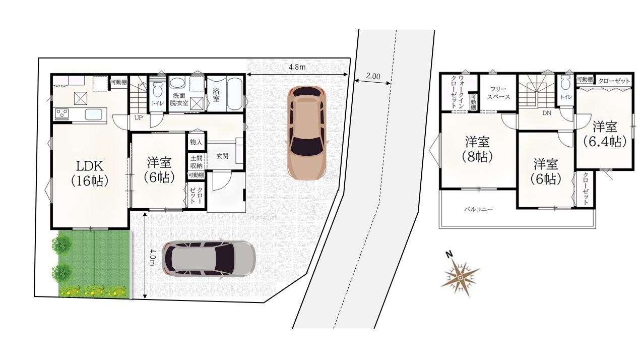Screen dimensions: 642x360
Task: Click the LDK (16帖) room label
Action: [90, 173]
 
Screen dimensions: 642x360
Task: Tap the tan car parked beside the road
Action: [307, 133]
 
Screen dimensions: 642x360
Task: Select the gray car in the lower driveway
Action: [209, 259]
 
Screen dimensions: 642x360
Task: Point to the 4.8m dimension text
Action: [297, 67]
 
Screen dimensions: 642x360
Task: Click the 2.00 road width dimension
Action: [373, 76]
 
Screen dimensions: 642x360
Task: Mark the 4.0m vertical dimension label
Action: [152, 257]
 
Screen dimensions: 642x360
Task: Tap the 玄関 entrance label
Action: [222, 156]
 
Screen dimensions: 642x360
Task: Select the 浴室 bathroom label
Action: [216, 95]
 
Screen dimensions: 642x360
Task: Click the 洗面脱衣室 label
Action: [179, 99]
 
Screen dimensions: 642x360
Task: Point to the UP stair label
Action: [139, 118]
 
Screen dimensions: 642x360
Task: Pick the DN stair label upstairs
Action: [547, 113]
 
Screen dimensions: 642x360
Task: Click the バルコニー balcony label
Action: [479, 209]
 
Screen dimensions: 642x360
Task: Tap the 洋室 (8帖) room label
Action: [478, 149]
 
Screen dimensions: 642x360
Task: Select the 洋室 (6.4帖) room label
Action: [605, 134]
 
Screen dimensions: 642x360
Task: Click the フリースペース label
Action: [498, 93]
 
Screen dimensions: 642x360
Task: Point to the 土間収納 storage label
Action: [197, 162]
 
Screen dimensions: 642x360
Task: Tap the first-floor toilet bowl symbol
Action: [157, 90]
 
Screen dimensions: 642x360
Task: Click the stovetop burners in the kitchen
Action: [62, 113]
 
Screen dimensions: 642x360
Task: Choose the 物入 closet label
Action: [196, 142]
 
